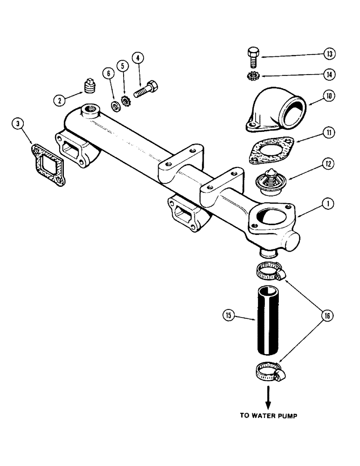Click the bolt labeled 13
(251, 56)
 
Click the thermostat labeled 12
(269, 180)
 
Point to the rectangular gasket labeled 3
(48, 161)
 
